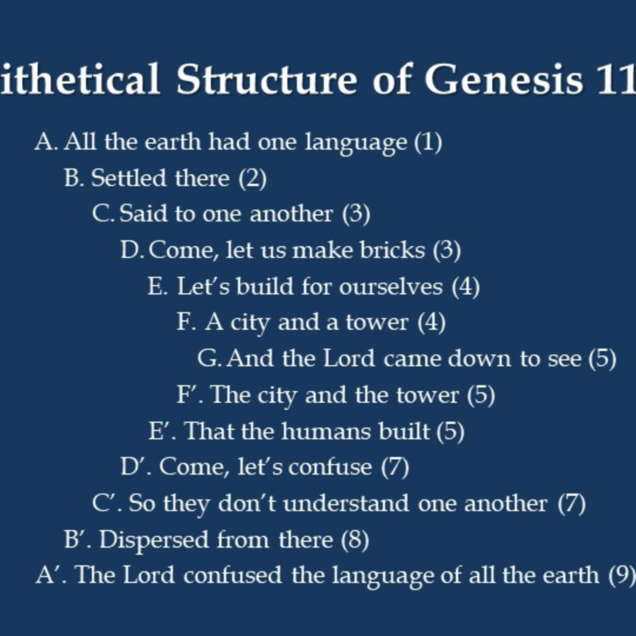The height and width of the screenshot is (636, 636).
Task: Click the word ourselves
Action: (391, 287)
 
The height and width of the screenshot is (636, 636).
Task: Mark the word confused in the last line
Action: (233, 575)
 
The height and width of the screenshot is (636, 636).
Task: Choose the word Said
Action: (143, 214)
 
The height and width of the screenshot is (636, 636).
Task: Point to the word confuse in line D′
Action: (330, 467)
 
